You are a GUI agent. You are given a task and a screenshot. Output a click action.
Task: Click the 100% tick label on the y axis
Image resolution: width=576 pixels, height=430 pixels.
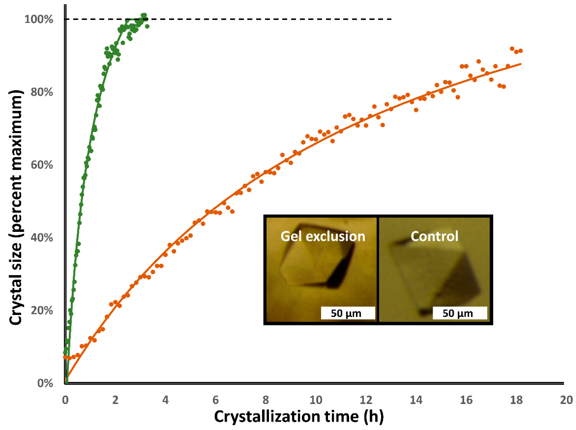point(39,19)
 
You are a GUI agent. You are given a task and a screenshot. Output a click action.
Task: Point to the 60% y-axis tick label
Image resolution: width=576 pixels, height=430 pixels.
point(42,165)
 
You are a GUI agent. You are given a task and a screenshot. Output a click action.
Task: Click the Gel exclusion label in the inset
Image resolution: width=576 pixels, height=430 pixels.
point(323,236)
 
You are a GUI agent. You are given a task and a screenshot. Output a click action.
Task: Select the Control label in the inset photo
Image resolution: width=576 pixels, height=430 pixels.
point(434,236)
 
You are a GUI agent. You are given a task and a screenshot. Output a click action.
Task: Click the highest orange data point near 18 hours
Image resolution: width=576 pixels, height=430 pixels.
point(512,49)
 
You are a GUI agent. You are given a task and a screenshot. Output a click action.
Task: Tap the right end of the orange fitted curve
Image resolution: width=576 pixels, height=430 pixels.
point(521,63)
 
